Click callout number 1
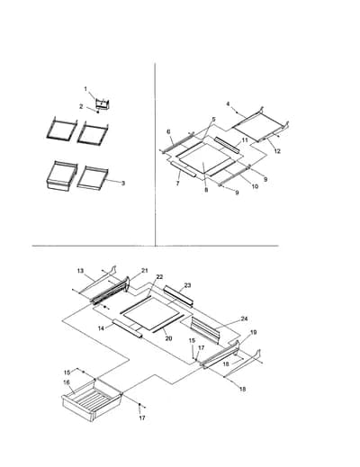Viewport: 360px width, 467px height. (x=85, y=89)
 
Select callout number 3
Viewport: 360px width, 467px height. (x=123, y=184)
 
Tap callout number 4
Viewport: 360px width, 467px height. (x=228, y=104)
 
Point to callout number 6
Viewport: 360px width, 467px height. (x=168, y=131)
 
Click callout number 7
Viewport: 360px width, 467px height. (x=177, y=184)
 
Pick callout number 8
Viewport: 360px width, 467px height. (x=206, y=190)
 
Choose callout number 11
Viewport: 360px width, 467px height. (x=245, y=140)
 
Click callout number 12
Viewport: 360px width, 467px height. (x=277, y=151)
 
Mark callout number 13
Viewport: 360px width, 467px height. (x=80, y=271)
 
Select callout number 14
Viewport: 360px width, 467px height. (x=101, y=328)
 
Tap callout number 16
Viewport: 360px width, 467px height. (x=67, y=382)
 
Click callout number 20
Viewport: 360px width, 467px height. (x=168, y=338)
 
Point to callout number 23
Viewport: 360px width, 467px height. (x=187, y=285)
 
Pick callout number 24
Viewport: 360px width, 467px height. (x=245, y=319)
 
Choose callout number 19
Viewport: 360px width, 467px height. (x=254, y=332)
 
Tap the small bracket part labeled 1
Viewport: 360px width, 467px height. (x=103, y=103)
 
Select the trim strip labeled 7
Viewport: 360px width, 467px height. (x=184, y=168)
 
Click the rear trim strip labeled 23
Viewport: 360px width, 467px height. (x=178, y=296)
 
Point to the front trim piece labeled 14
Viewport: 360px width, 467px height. (x=127, y=328)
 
